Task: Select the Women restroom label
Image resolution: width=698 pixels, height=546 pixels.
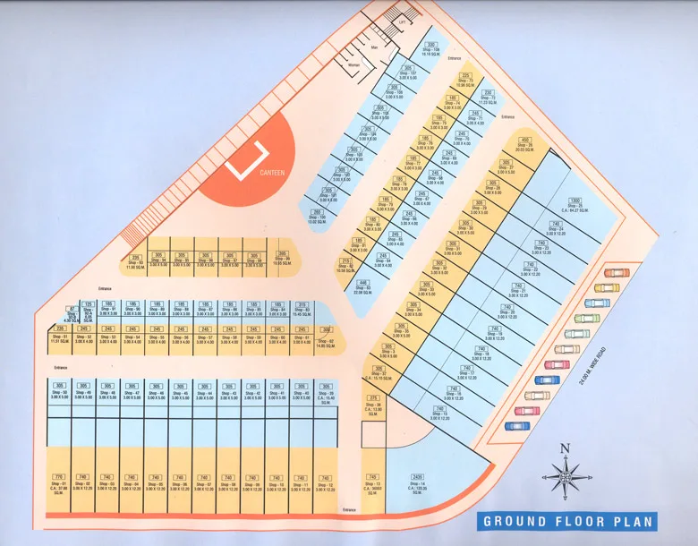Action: click(353, 64)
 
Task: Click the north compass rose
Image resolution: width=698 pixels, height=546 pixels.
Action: click(564, 473)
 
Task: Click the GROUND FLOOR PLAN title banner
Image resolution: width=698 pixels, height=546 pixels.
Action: click(569, 521)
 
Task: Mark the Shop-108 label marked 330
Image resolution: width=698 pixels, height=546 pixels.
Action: click(431, 49)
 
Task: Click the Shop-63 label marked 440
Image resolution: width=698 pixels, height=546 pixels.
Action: click(364, 287)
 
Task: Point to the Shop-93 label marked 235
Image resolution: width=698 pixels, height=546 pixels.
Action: click(135, 262)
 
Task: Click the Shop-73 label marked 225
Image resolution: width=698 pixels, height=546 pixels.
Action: click(465, 81)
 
